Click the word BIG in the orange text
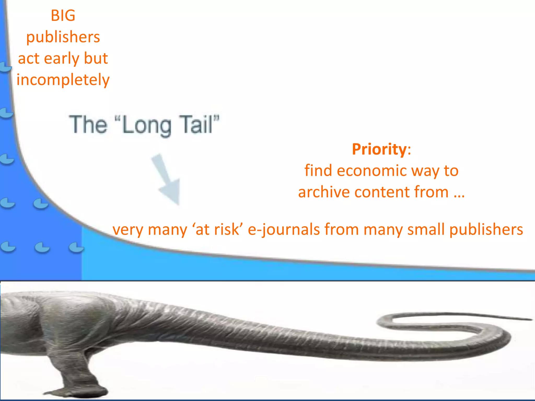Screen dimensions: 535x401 coord(63,15)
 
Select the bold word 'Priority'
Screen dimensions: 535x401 coord(379,149)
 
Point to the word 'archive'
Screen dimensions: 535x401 coord(324,192)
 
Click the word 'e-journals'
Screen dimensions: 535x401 coord(284,229)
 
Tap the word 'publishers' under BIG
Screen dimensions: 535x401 coord(63,37)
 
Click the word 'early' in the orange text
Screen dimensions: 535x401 coord(62,58)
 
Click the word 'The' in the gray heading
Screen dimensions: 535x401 coord(88,125)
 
